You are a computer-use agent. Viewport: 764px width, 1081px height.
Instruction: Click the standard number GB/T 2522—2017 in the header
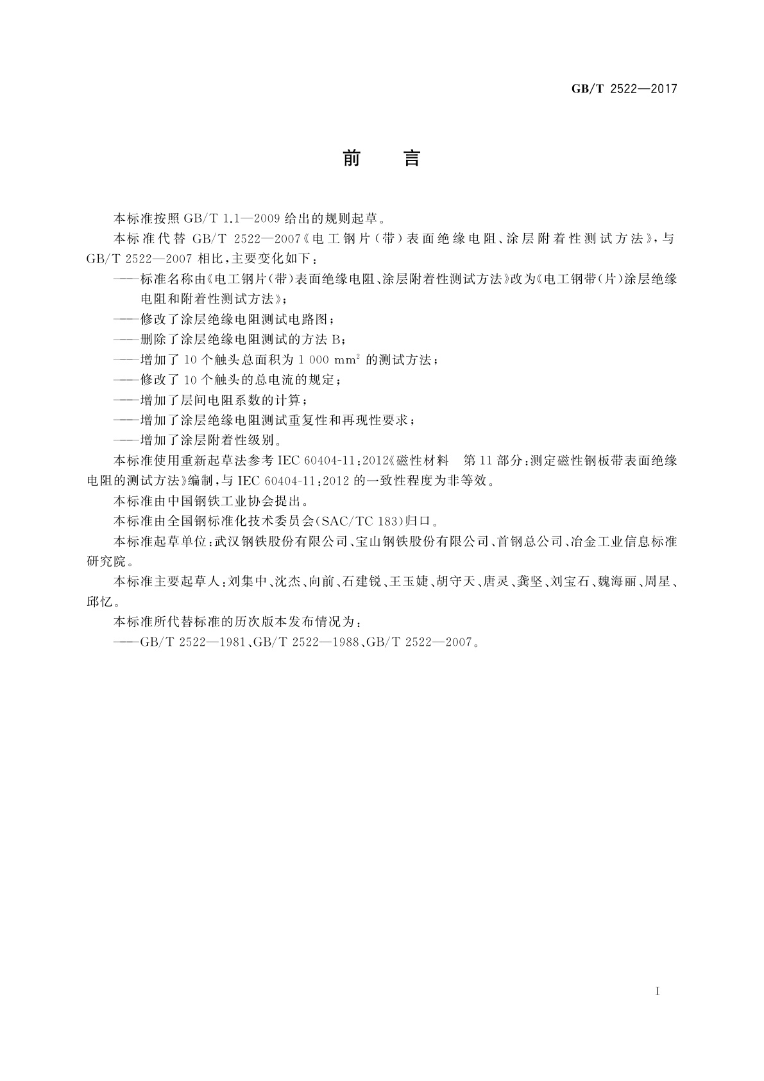tap(624, 89)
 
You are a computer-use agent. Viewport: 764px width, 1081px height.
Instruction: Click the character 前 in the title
tap(351, 158)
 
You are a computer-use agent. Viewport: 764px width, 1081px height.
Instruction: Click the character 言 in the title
tap(411, 158)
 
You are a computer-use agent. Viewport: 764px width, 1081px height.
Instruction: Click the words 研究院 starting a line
tap(106, 562)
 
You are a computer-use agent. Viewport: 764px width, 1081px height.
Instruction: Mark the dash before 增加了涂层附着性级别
tap(126, 440)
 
